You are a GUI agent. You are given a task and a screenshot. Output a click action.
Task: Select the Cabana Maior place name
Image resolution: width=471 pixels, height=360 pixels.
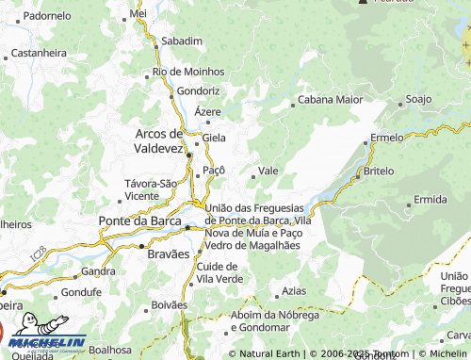tap(330, 98)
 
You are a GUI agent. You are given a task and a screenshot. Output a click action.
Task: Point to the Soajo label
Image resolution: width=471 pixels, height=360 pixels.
tap(417, 98)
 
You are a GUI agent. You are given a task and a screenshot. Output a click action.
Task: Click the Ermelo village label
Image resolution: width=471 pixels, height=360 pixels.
tap(386, 138)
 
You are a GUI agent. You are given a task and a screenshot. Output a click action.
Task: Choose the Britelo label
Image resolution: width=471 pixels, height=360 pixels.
tap(379, 172)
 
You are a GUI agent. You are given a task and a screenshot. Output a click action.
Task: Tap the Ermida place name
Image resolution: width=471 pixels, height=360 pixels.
tap(430, 200)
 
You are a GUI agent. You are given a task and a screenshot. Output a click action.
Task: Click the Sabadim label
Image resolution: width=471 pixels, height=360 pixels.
tap(182, 41)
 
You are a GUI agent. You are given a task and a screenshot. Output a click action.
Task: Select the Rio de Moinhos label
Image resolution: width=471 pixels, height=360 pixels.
tap(188, 72)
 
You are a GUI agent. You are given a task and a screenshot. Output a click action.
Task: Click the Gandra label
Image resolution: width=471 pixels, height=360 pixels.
tap(98, 270)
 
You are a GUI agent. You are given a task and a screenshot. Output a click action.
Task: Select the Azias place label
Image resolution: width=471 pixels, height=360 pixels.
tap(294, 291)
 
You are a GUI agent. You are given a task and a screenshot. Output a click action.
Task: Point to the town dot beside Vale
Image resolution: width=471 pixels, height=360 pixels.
tap(252, 173)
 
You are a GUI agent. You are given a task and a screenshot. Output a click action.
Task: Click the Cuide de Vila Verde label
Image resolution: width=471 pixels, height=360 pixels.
tap(219, 273)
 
